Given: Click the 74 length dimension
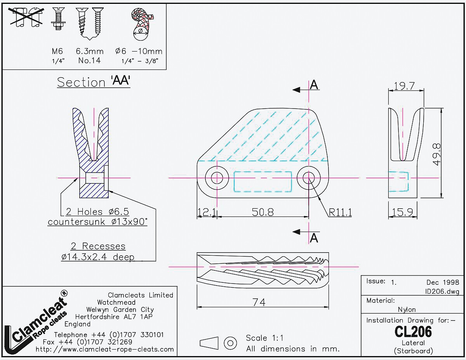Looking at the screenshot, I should click(259, 302).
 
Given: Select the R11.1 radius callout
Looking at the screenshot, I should click(340, 212).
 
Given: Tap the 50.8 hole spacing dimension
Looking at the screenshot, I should click(263, 212).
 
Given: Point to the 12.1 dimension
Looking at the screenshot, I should click(206, 212).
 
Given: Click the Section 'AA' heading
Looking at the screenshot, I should click(94, 82).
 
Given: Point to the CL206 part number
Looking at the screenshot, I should click(413, 332).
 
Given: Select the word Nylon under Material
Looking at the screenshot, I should click(407, 310).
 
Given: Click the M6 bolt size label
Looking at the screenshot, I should click(57, 51).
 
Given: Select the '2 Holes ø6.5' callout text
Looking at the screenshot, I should click(97, 212).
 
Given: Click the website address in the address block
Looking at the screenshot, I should click(105, 349).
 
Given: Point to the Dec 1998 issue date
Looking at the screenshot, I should click(442, 282).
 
